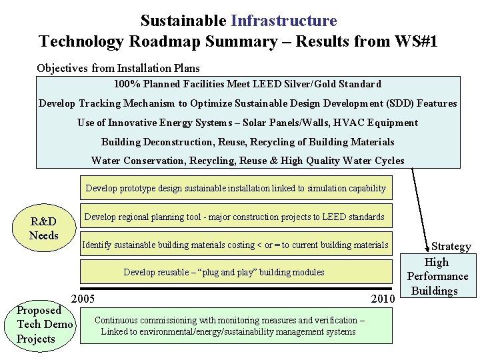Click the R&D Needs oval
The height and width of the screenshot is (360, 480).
[44, 229]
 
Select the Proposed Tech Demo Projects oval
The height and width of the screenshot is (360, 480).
[45, 325]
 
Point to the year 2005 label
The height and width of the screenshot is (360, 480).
[82, 299]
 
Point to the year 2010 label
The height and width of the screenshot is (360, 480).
[383, 299]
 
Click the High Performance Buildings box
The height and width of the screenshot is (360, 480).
[437, 276]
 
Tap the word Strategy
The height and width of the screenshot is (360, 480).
[451, 246]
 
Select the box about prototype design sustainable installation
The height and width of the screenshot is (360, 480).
[235, 188]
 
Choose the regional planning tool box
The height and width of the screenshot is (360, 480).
[234, 217]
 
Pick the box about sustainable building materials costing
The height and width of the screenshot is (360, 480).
[235, 245]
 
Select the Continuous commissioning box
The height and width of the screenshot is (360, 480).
[229, 326]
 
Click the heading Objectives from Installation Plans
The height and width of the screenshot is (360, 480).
[118, 68]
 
